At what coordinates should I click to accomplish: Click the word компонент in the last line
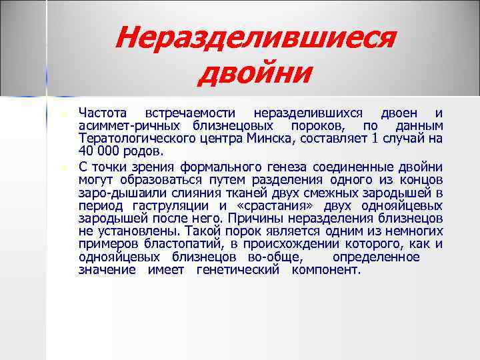click(x=326, y=270)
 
